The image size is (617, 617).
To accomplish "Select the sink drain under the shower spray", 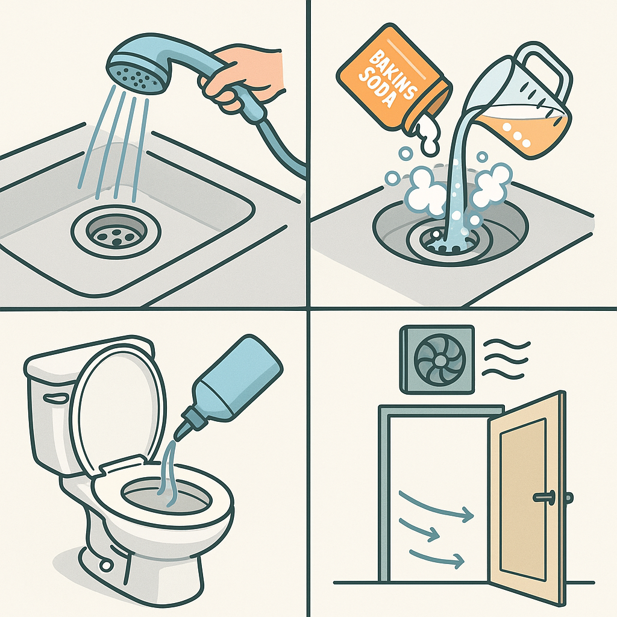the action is click(x=116, y=232).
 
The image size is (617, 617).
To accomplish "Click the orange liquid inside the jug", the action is click(x=525, y=130).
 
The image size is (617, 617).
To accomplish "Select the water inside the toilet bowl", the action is click(x=165, y=494).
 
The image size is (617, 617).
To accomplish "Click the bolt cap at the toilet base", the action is click(x=105, y=565).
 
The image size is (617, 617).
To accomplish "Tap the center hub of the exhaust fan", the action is click(x=440, y=360).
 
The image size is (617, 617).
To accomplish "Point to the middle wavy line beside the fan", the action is click(x=506, y=359).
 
